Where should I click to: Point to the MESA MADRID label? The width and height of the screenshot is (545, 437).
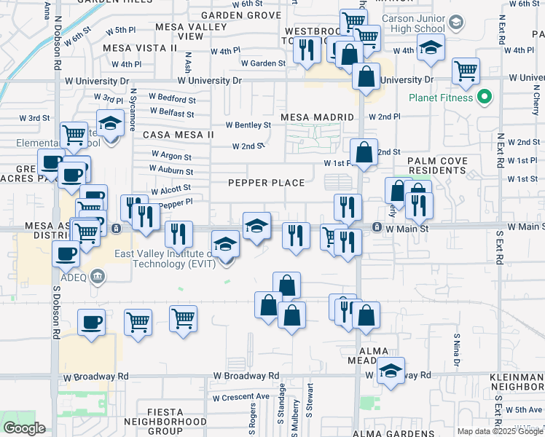[x=318, y=117]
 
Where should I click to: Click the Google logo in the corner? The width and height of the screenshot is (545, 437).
[x=24, y=428]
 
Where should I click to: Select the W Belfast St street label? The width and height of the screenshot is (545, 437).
[x=172, y=113]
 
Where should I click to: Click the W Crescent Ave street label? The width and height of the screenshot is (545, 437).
[x=241, y=398]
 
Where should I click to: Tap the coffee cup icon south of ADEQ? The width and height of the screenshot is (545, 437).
[x=92, y=323]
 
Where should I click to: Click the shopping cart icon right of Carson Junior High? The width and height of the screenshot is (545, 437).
[x=466, y=72]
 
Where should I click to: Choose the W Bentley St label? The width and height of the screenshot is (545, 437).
[x=248, y=125]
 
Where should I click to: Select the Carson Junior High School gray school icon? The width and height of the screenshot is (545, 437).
[x=455, y=22]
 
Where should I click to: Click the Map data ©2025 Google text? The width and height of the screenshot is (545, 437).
[x=500, y=431]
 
